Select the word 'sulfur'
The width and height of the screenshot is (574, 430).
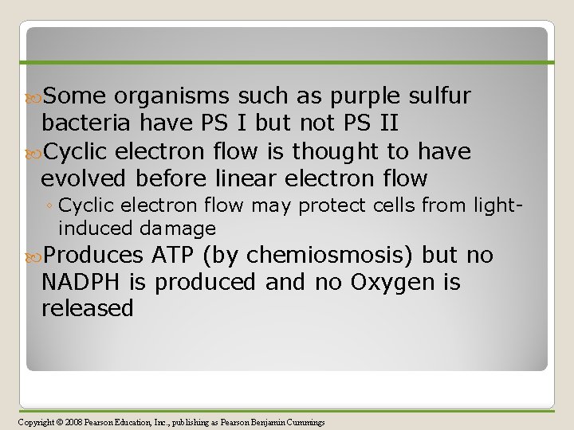click(440, 97)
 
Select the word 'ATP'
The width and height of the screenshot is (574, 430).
click(174, 256)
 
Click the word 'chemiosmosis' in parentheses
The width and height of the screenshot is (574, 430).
click(320, 256)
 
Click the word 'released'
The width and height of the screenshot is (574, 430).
click(87, 308)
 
